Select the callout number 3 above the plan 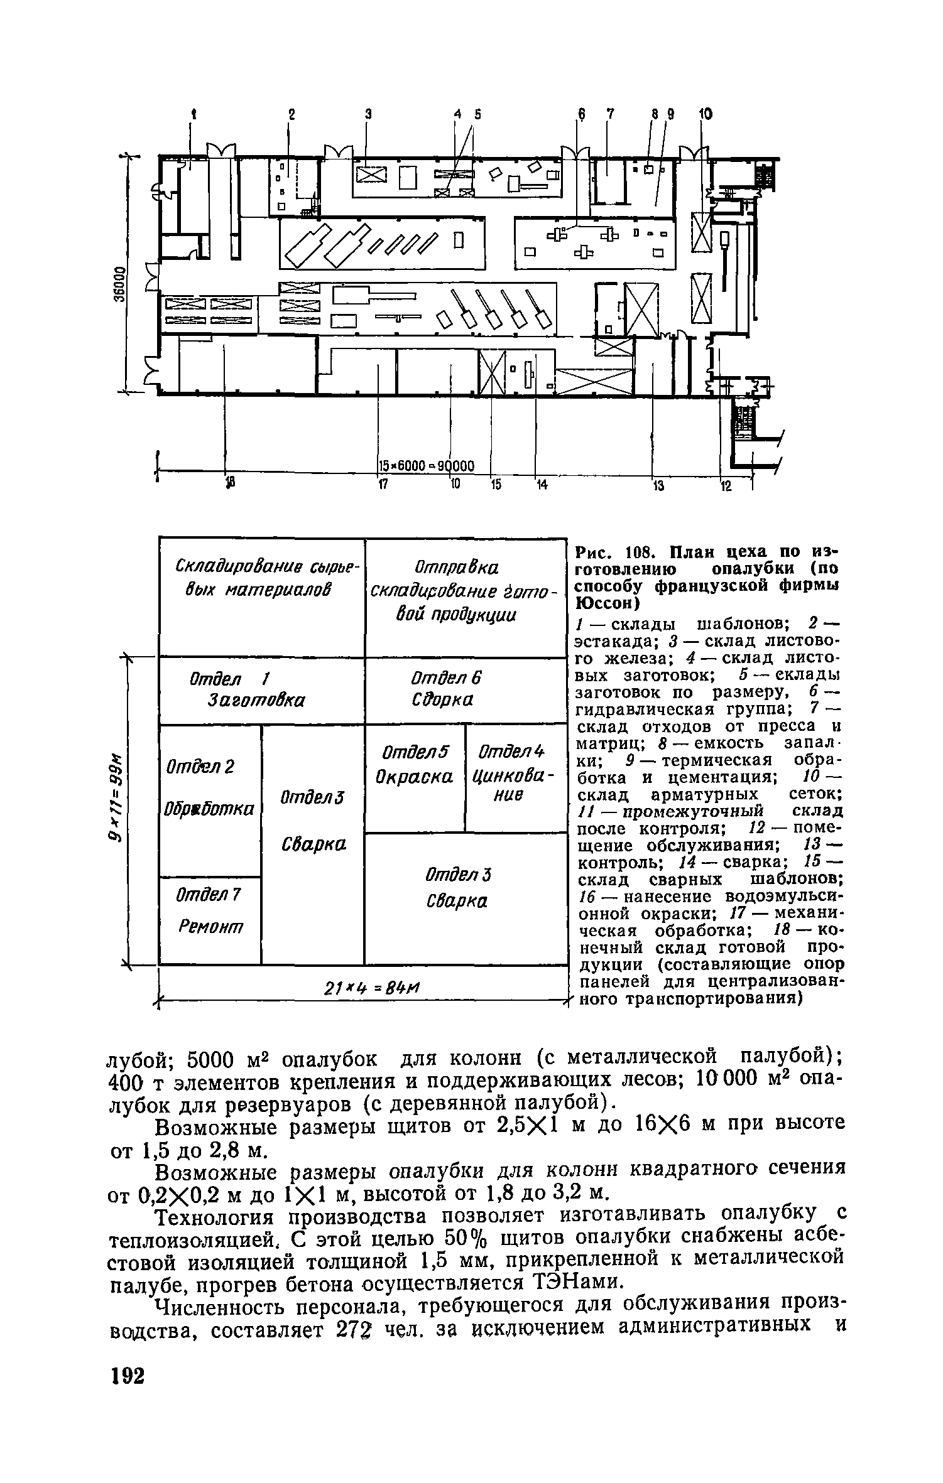(368, 114)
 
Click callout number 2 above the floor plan (291, 114)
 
